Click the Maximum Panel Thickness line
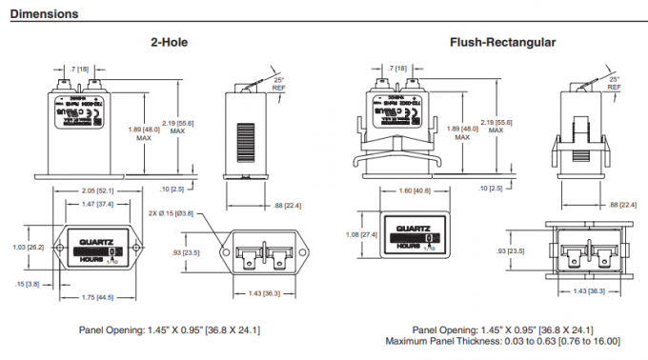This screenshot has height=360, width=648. coord(503,340)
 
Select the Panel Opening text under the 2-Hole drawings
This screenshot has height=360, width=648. coord(172,330)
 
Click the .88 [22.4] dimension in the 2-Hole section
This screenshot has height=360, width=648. coord(281,205)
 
